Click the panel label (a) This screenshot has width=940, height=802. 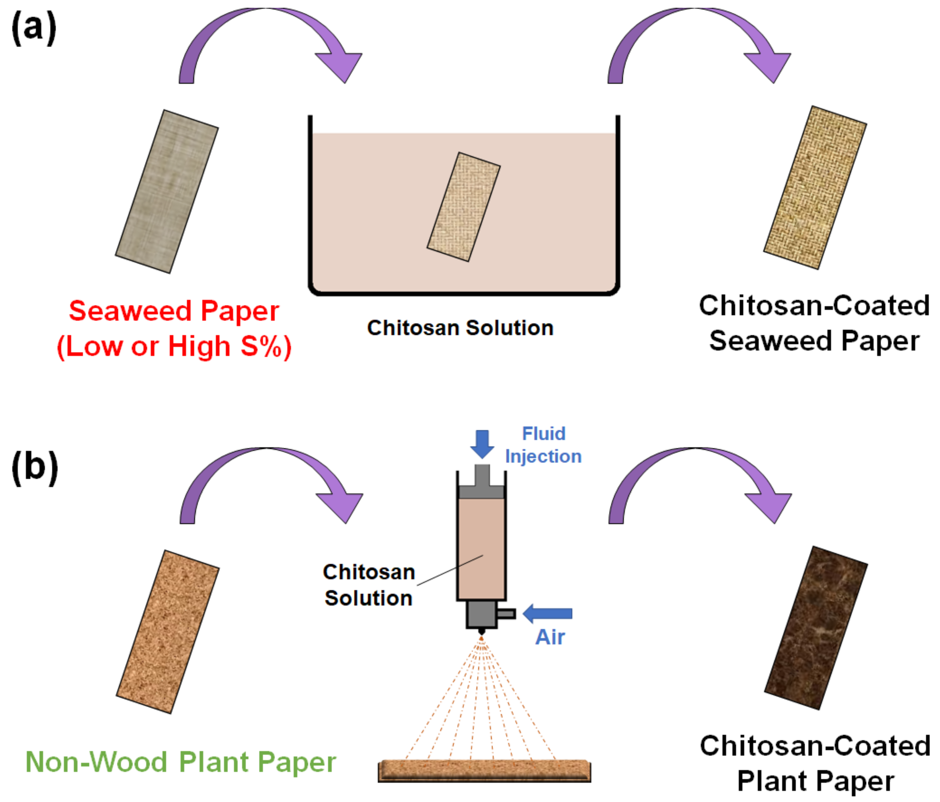(x=34, y=28)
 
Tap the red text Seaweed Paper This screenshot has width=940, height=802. (x=174, y=311)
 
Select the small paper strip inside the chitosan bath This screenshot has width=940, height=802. (x=463, y=207)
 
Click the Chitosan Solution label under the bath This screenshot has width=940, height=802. (x=460, y=328)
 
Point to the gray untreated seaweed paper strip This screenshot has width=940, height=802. (x=166, y=191)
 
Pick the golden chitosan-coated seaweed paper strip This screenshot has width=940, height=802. (x=815, y=188)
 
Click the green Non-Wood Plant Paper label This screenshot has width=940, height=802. (x=181, y=762)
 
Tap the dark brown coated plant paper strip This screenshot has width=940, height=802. (x=816, y=627)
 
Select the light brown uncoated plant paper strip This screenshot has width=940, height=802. (x=168, y=632)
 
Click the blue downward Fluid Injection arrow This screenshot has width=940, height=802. (x=482, y=443)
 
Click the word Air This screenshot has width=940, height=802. (x=550, y=637)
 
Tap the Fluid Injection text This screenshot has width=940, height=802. (x=543, y=445)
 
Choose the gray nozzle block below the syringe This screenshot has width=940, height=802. (x=482, y=614)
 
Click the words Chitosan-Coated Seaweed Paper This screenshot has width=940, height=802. (x=814, y=323)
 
